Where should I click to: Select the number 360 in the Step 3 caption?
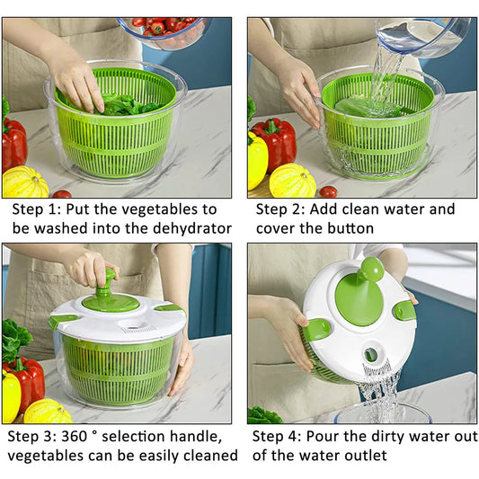click(85, 435)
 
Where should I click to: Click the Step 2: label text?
click(281, 208)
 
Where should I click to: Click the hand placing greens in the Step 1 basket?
click(79, 81)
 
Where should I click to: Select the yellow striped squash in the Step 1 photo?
click(25, 182)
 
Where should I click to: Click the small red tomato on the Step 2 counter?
click(328, 191)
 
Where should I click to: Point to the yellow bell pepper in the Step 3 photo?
click(11, 395)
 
